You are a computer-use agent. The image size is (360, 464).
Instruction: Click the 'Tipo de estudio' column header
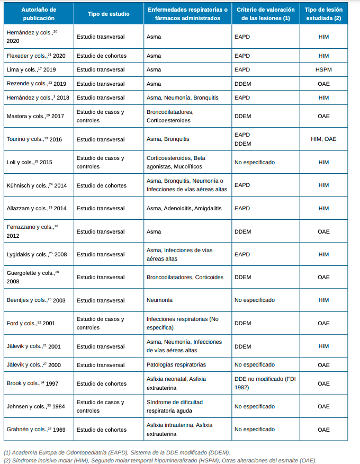point(108,14)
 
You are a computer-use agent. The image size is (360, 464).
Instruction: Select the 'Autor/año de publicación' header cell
point(38,14)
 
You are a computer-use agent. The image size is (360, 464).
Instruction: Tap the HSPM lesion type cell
point(323,69)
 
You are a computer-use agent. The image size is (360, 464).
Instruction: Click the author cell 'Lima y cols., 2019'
point(31,69)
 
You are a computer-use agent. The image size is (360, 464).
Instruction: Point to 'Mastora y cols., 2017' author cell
point(35,116)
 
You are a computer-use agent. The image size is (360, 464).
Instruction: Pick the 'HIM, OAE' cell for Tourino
point(323,139)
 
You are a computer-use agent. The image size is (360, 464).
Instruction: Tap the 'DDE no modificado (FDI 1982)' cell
point(264,383)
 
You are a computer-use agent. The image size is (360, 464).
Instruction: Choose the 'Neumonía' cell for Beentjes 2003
point(159,300)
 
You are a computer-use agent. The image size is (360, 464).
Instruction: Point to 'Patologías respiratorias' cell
point(176,365)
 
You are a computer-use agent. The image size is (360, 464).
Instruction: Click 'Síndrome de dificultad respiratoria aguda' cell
point(174,406)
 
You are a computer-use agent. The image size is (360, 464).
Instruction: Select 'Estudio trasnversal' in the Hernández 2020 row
point(101,38)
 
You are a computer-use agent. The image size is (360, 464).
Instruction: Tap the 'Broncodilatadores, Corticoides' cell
point(185,277)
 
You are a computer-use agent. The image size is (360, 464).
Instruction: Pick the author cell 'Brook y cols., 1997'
point(32,383)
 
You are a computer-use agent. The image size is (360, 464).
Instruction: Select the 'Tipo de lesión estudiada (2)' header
point(323,14)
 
